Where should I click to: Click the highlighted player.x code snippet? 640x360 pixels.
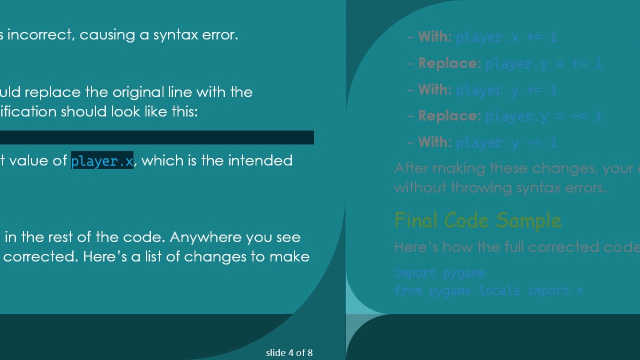tap(102, 161)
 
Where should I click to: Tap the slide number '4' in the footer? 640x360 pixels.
tap(290, 353)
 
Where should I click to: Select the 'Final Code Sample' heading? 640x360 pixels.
tap(477, 220)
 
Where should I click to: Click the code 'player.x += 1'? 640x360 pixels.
tap(506, 37)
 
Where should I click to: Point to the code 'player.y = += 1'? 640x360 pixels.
tap(543, 64)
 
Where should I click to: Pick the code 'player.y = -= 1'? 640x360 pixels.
tap(543, 116)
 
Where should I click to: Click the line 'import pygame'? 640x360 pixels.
tap(439, 273)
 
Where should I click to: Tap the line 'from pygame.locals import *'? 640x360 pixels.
tap(488, 290)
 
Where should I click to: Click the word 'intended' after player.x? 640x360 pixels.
tap(260, 160)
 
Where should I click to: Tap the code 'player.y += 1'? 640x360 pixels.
tap(506, 90)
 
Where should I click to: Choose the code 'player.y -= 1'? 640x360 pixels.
tap(506, 143)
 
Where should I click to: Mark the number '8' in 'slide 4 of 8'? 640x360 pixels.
tap(310, 353)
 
